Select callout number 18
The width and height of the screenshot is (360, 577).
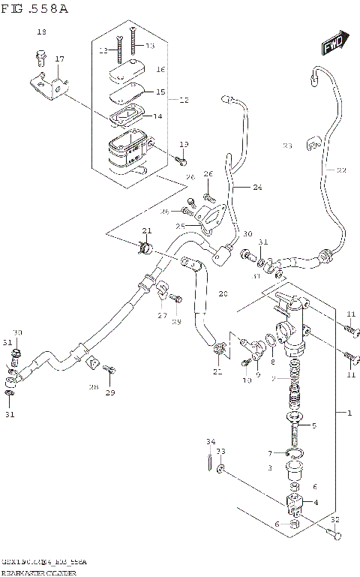coord(41,32)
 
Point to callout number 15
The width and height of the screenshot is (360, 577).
coord(159,92)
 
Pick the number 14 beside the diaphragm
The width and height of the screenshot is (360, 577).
coord(157,116)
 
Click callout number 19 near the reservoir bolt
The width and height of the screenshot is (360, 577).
coord(184,144)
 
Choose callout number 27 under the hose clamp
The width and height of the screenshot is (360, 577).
coord(162,316)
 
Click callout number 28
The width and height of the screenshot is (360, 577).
coord(93,387)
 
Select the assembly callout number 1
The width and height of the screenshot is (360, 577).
coord(349,413)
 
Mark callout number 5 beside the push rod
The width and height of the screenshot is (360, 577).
coord(314,425)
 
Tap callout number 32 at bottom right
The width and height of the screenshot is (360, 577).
coord(334,519)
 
